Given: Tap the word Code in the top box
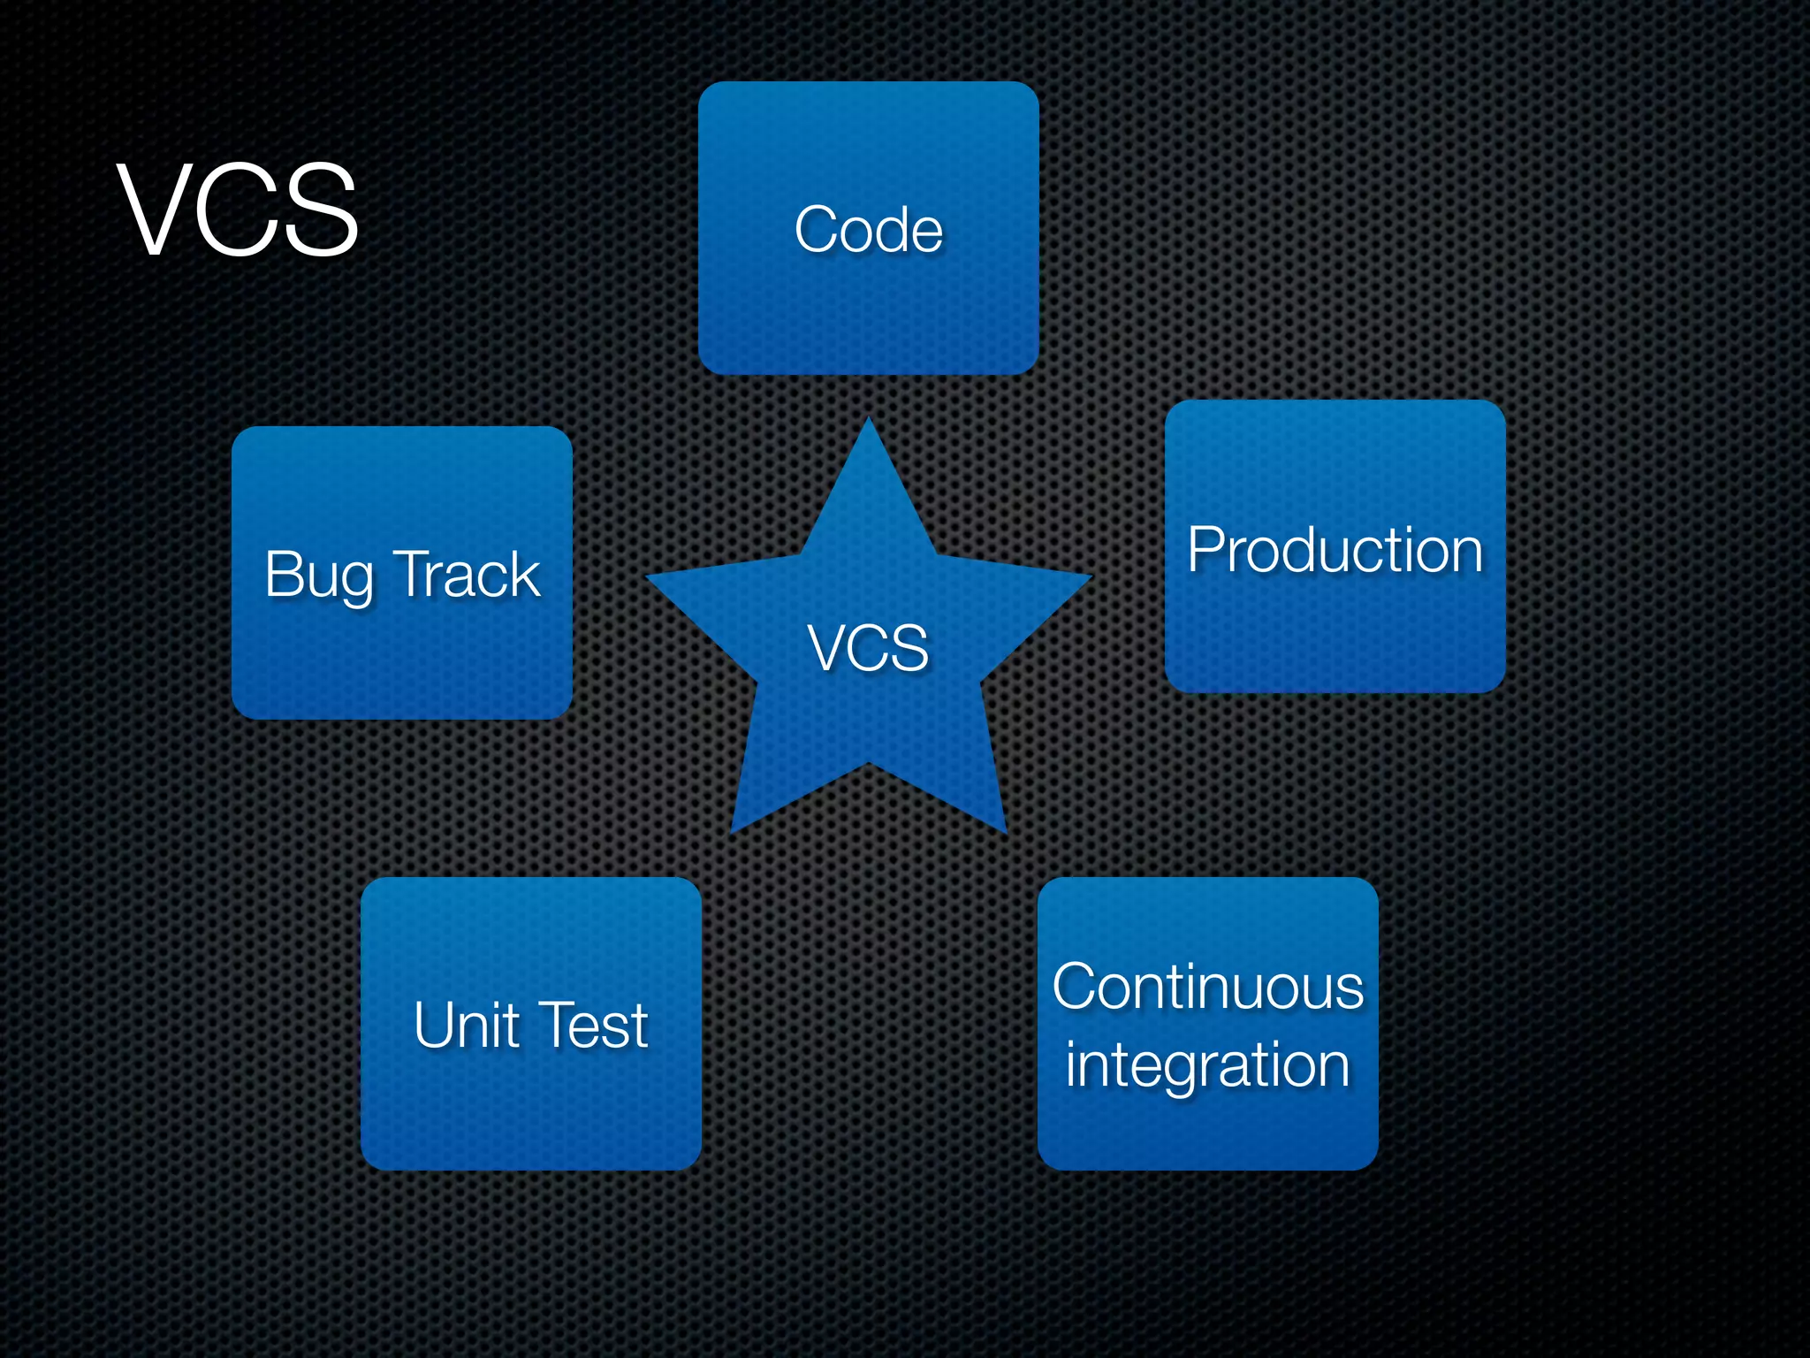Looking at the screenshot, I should pos(868,230).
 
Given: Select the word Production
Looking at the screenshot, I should pos(1335,550).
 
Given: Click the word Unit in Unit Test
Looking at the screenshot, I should pos(466,1025).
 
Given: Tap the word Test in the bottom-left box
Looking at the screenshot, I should pos(593,1025).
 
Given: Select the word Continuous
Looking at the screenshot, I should pos(1207,987).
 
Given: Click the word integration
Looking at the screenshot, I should pos(1207,1065).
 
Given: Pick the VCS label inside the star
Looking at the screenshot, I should pos(868,648).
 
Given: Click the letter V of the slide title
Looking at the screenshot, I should pos(156,210).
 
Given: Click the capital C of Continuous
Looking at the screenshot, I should pos(1074,987).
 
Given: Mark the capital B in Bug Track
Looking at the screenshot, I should pos(283,575).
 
